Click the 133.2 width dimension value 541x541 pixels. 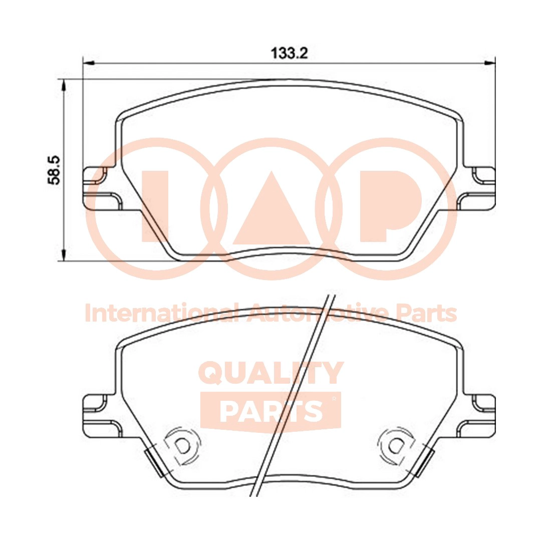tap(289, 54)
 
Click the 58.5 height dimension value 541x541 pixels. tap(55, 170)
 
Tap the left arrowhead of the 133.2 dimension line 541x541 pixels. tap(89, 63)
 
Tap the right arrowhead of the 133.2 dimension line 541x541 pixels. tap(490, 63)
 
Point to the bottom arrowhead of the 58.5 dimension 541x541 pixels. tap(63, 255)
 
